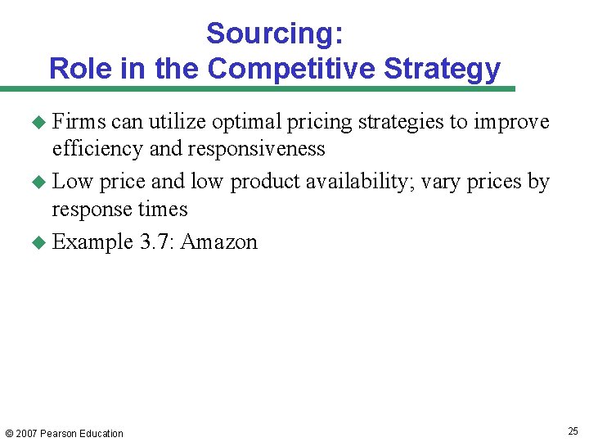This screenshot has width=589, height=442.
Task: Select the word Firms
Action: (x=79, y=122)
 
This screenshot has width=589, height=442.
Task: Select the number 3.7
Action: (x=155, y=242)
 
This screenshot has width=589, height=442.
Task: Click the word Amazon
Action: (x=218, y=242)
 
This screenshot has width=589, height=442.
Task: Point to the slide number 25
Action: (x=573, y=431)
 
